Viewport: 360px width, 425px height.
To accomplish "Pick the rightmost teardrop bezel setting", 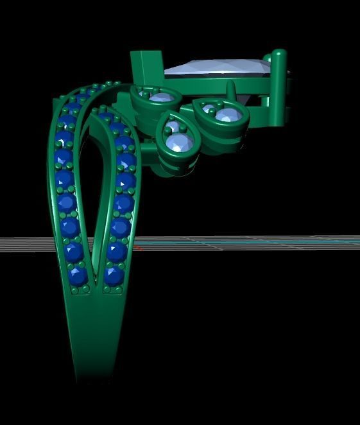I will [x=222, y=116].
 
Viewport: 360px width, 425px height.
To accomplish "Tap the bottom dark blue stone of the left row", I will [x=78, y=276].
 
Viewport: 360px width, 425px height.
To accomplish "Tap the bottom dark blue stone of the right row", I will [x=114, y=275].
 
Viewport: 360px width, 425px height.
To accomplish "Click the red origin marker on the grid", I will [x=137, y=246].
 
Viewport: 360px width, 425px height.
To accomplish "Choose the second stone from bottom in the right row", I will [x=116, y=250].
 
